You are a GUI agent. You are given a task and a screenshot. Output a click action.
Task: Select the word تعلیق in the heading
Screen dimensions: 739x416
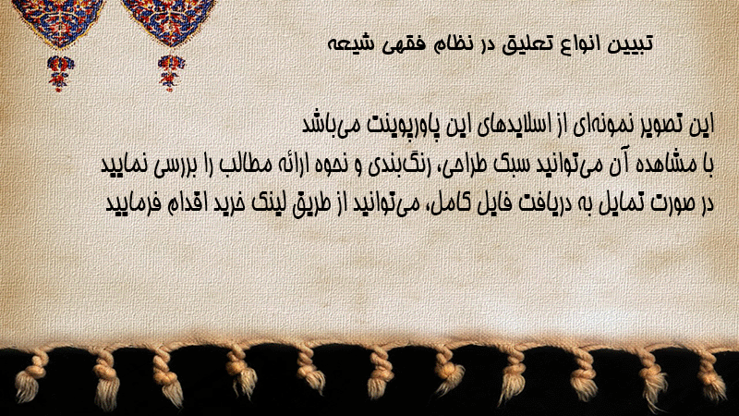click(523, 44)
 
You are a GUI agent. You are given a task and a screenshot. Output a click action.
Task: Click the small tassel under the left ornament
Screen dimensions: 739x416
click(60, 73)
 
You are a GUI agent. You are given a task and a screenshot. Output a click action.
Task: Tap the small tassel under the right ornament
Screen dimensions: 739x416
click(171, 73)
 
